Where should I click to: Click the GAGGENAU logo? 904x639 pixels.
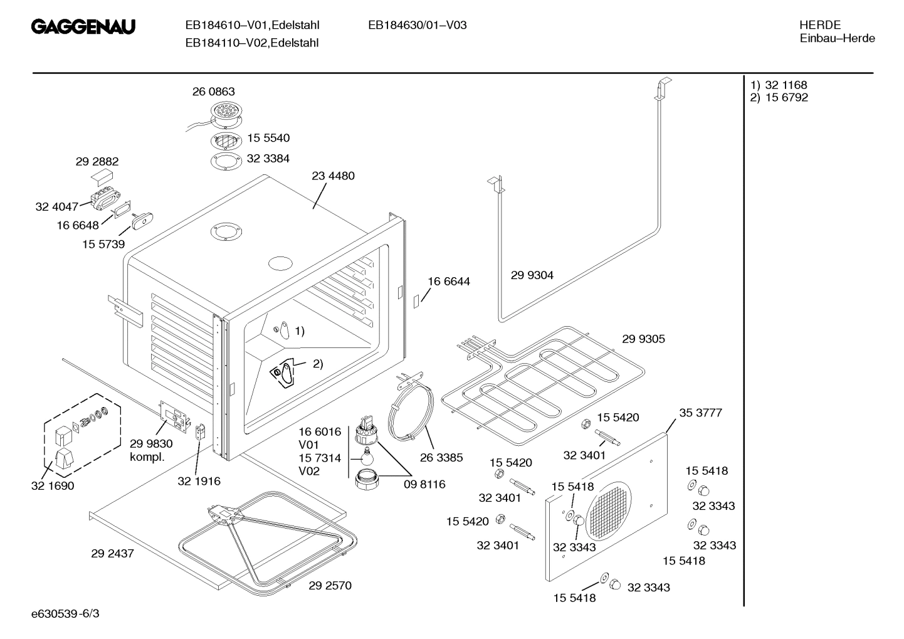click(83, 27)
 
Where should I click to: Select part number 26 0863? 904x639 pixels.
click(213, 92)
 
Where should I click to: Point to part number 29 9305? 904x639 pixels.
click(643, 339)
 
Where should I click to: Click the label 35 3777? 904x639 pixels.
click(700, 413)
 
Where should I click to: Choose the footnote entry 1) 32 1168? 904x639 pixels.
click(779, 85)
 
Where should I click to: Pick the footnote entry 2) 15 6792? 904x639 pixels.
click(779, 98)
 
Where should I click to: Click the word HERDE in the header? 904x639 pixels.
click(820, 25)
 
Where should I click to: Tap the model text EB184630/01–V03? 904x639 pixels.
click(417, 26)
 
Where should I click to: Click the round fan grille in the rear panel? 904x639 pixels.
click(608, 512)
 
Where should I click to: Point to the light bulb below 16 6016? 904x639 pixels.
click(367, 455)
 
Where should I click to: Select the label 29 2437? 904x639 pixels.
click(112, 554)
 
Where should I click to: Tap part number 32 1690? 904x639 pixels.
click(52, 486)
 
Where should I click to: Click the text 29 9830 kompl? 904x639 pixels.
click(150, 450)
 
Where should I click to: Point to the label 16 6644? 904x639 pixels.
click(448, 282)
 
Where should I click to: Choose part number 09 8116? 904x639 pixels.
click(424, 484)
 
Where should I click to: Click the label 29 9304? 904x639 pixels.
click(532, 275)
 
